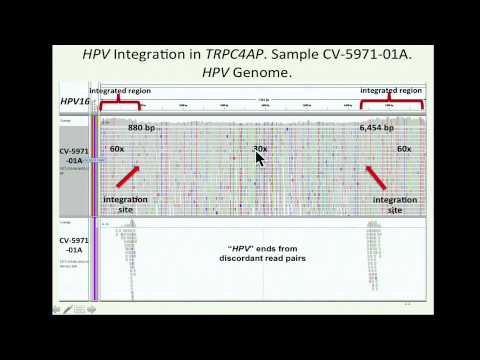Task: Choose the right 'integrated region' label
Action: tap(389, 91)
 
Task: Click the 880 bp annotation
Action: tap(142, 128)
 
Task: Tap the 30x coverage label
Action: tap(260, 149)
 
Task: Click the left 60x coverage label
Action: tap(117, 149)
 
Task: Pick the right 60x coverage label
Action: tap(404, 149)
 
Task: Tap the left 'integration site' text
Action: tap(125, 205)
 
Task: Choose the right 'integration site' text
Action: tap(394, 205)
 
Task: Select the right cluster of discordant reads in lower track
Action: tap(372, 255)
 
